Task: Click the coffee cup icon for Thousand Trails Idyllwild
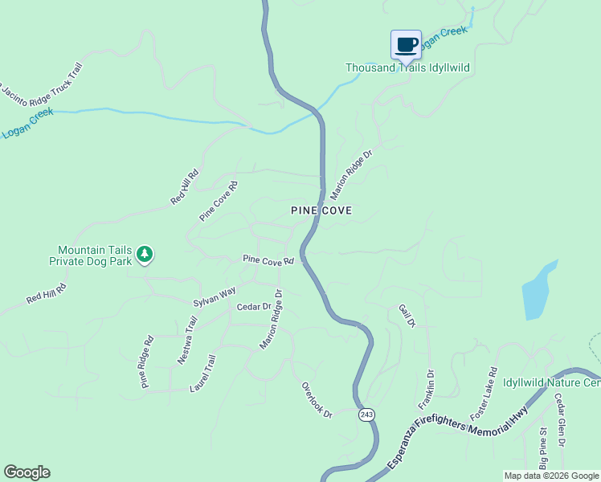tap(406, 44)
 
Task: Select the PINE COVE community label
tap(321, 210)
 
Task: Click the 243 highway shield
tap(366, 415)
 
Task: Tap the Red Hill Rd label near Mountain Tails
tap(46, 293)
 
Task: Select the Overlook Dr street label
tap(317, 399)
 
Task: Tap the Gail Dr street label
tap(406, 315)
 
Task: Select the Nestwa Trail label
tap(187, 341)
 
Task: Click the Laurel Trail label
tap(202, 374)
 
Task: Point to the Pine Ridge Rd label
tap(148, 361)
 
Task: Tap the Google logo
tap(27, 472)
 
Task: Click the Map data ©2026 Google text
tap(550, 476)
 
